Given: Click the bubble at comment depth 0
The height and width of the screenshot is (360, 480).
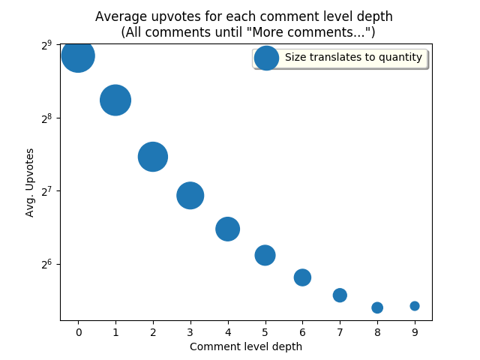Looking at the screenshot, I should point(78,55).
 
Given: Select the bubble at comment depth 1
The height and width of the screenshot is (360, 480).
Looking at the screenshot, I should point(115,100).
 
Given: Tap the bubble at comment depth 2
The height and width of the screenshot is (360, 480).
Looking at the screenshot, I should point(153,157).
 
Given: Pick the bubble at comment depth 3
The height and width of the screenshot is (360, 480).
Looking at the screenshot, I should point(190,196).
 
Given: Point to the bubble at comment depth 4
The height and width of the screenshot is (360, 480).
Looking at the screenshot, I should point(228,229).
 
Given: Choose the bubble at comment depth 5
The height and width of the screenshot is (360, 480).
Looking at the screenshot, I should point(265,255).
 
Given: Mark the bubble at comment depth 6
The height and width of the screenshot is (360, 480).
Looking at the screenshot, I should point(302,277).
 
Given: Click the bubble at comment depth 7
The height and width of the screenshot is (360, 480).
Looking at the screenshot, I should point(340,295).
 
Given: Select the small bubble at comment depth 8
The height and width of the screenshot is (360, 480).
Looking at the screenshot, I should point(377,307).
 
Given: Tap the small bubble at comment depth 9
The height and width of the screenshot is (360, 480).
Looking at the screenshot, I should point(415,306).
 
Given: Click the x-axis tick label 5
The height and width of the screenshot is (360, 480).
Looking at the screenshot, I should point(265,331).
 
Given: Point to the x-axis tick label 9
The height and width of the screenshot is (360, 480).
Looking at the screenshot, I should point(415,331).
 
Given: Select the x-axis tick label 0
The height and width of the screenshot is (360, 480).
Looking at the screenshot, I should point(78,331).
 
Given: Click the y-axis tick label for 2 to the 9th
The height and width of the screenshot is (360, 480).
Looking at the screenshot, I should point(46,45).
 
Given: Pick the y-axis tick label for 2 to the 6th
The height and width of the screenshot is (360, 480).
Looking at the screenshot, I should point(46,264).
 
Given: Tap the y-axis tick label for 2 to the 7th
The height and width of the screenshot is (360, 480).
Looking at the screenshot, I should point(46,191).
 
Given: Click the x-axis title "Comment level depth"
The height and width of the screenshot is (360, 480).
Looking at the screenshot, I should point(246,346).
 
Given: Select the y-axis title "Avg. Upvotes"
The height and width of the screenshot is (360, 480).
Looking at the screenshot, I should point(31,182).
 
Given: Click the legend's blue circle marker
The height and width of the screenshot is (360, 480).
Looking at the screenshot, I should point(266,58).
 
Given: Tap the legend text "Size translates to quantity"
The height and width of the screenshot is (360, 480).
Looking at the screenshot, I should point(353,58).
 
